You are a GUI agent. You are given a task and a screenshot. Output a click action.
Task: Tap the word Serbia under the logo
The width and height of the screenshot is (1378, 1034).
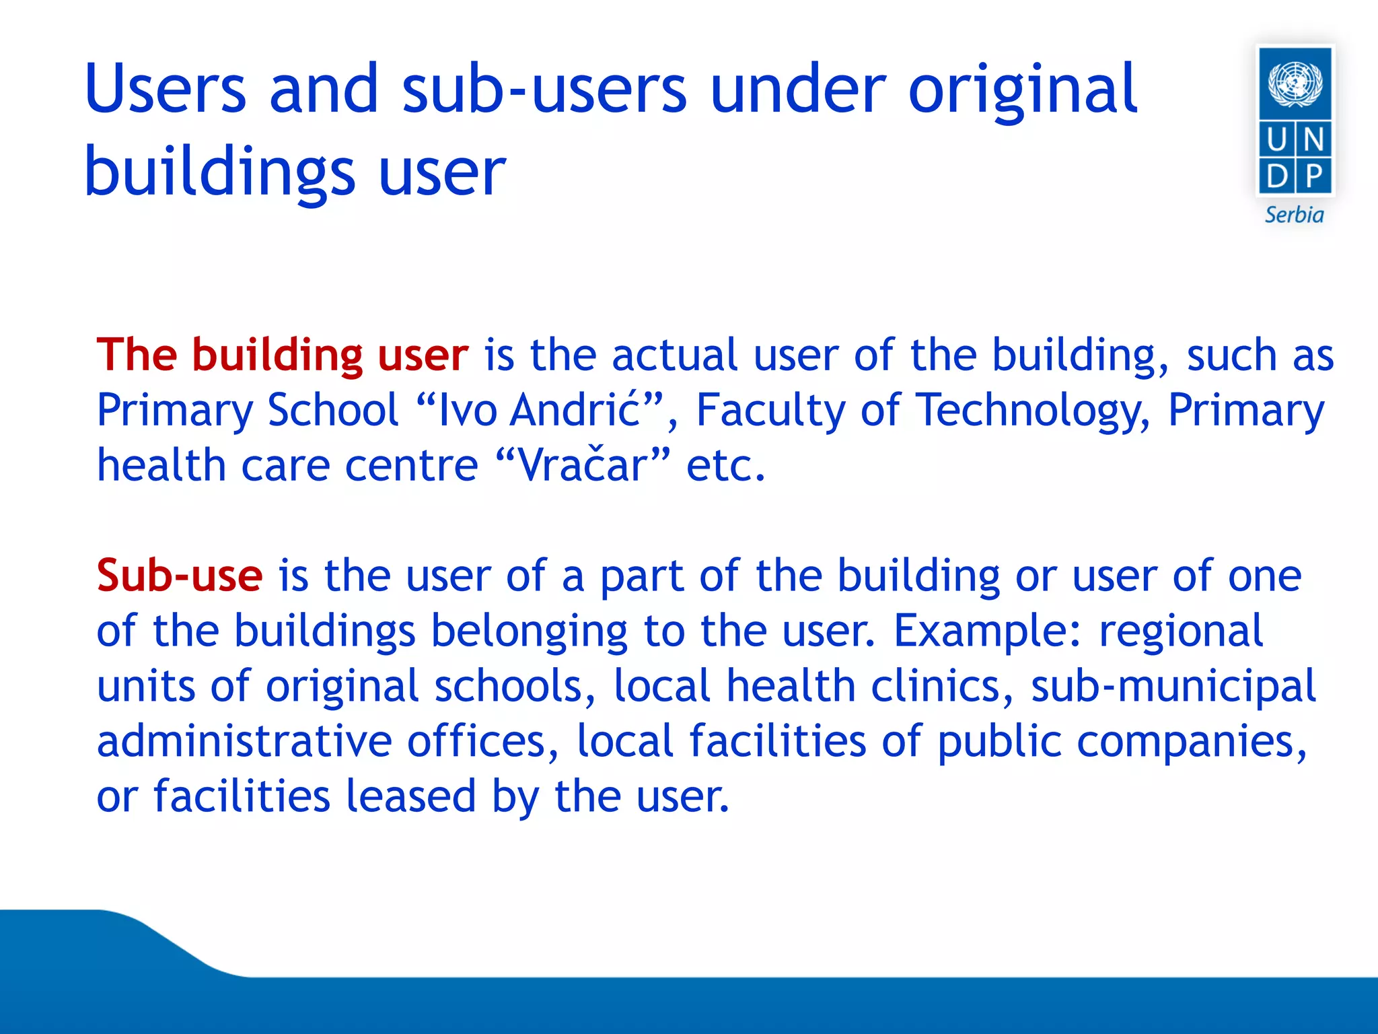coord(1294,215)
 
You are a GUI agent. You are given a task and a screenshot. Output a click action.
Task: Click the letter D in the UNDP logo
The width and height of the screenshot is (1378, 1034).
coord(1276,176)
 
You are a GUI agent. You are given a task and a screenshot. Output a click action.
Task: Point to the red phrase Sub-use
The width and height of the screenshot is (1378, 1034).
coord(179,576)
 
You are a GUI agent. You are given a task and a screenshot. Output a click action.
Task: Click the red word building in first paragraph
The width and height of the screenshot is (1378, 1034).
coord(277,355)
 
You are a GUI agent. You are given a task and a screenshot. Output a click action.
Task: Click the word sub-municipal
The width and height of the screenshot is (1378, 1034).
coord(1173,686)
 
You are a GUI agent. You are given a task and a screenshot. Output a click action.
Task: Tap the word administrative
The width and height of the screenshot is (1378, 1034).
coord(244,741)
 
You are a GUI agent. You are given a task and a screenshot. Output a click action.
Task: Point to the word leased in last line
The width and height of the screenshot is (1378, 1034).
coord(410,796)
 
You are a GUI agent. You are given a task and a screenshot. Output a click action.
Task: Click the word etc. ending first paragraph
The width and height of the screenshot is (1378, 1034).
coord(725,465)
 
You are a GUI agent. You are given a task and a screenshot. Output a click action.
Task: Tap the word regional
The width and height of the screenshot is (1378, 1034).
coord(1180,631)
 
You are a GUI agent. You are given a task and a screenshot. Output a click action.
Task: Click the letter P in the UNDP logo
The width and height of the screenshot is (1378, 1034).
coord(1313,176)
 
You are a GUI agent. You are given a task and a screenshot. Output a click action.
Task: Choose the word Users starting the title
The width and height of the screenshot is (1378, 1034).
coord(166,90)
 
